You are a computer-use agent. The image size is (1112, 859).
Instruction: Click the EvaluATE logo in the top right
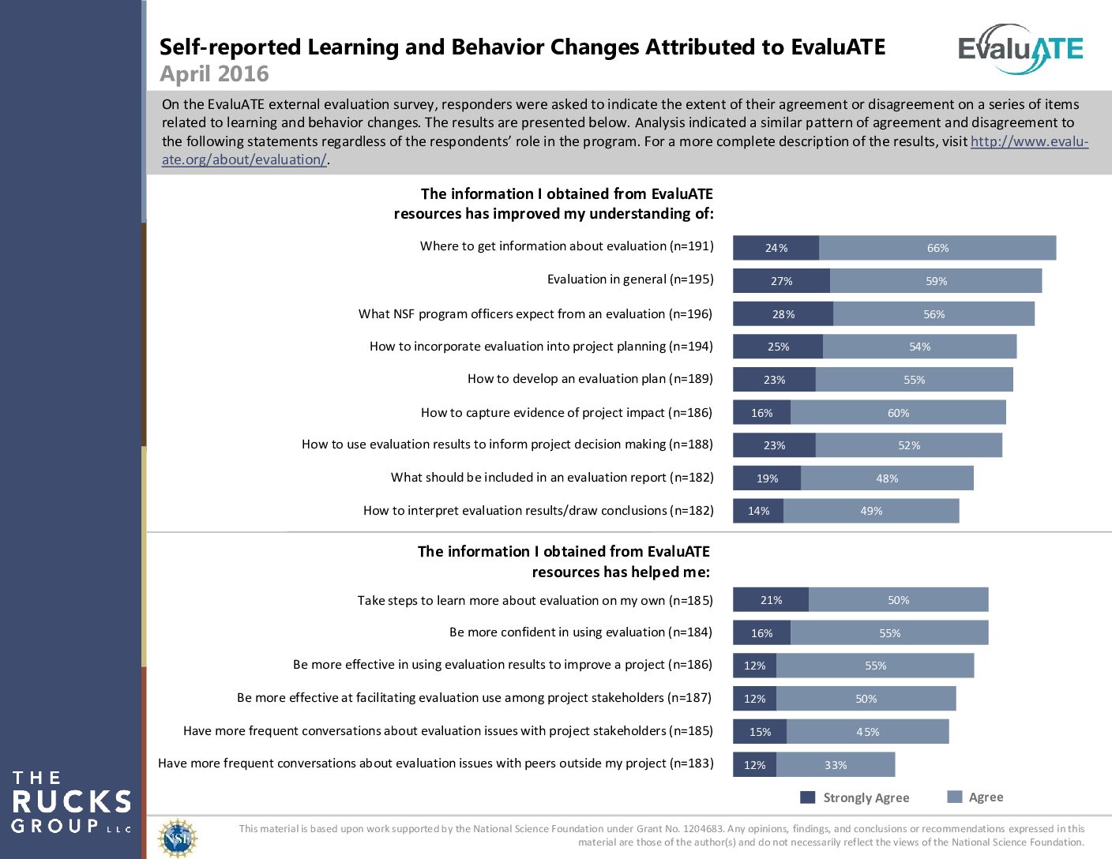pos(1020,49)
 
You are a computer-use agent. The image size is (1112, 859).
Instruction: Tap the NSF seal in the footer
pos(178,838)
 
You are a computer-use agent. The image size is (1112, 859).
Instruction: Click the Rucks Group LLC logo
pos(71,802)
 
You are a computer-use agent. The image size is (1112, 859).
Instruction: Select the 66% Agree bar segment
pos(937,248)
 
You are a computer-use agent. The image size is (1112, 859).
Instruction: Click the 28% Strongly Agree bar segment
pos(783,314)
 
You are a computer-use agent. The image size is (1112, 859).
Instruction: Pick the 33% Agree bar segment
pos(836,765)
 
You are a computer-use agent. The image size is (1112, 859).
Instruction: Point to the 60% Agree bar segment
pos(898,413)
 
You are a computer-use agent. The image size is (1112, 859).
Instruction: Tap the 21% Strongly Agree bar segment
pos(771,600)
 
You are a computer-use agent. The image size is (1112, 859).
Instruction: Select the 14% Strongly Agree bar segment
pos(758,511)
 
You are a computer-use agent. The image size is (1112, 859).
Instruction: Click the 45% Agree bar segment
pos(867,732)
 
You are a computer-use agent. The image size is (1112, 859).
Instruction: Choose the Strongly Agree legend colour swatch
pos(807,797)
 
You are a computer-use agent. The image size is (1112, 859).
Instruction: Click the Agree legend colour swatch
pos(954,797)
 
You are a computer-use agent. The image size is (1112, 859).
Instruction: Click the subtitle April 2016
pos(214,74)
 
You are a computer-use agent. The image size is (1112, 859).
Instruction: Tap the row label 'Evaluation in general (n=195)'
pos(630,279)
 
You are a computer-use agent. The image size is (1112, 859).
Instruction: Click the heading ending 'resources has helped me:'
pos(621,572)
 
